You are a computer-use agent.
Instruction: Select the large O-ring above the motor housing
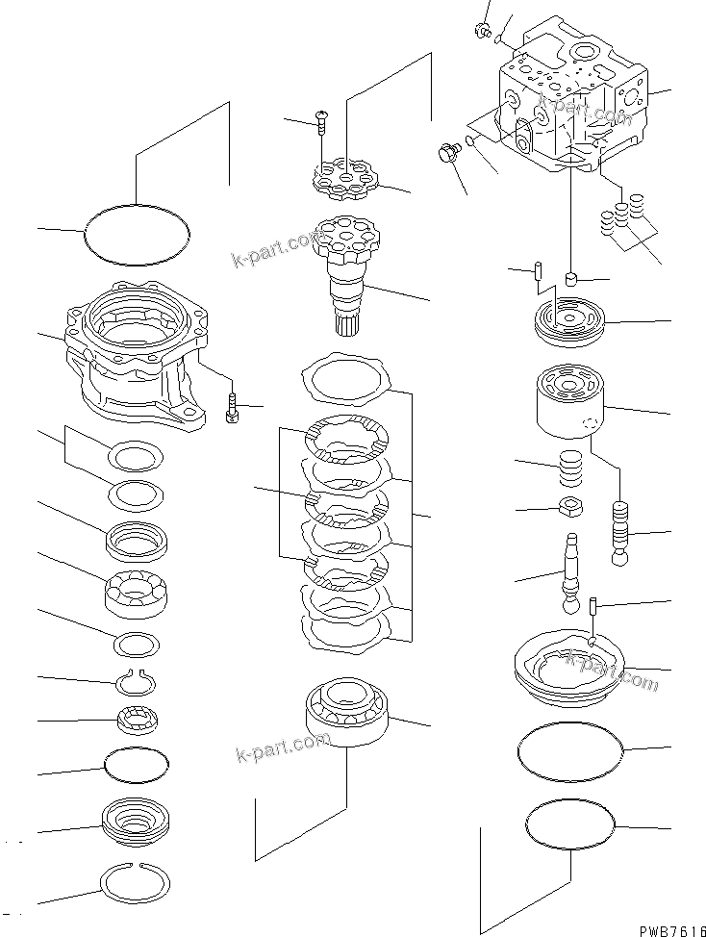pos(138,236)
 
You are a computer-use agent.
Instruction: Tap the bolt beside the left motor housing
pos(230,407)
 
